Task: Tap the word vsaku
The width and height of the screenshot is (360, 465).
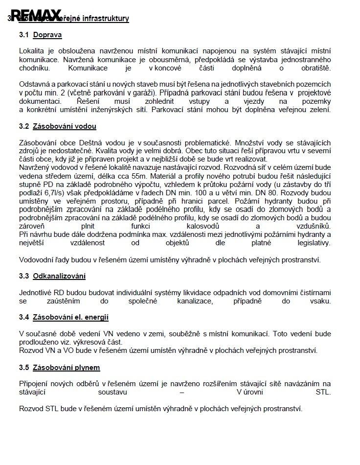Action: [320, 301]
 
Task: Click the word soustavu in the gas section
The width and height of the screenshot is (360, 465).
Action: [113, 392]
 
